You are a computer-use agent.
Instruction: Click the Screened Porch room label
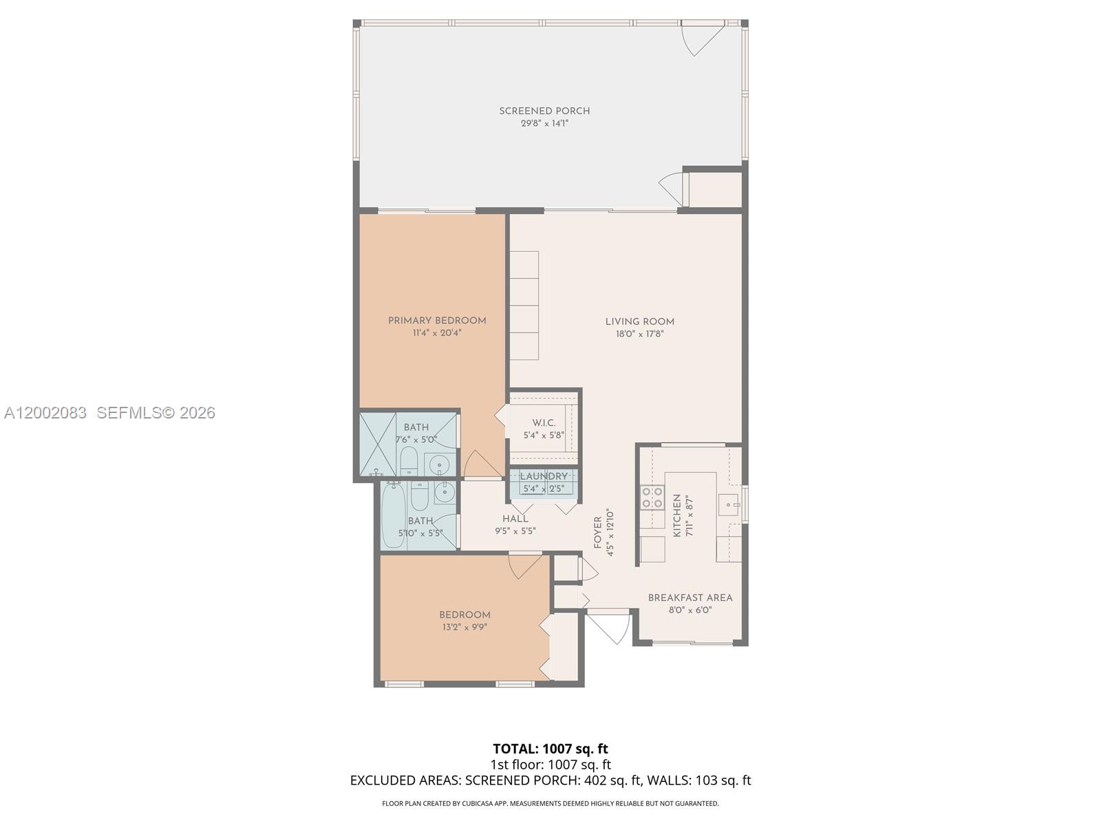544,111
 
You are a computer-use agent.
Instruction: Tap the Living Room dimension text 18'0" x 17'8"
639,335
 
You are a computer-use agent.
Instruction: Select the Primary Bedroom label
437,321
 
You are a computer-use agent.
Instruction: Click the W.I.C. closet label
544,423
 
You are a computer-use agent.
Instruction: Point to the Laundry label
544,476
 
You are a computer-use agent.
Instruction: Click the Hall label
515,519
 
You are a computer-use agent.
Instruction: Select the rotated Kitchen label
676,516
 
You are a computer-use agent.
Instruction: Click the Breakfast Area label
690,597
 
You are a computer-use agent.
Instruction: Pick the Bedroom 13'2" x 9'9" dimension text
464,627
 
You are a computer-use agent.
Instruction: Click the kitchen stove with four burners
652,498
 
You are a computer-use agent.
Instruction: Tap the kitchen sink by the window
728,505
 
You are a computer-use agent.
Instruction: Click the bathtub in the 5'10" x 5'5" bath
394,516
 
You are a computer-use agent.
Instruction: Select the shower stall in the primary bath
378,444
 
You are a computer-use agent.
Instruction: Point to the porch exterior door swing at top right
701,39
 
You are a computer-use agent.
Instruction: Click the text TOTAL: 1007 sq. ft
550,749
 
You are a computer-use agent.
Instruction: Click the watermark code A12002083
45,413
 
